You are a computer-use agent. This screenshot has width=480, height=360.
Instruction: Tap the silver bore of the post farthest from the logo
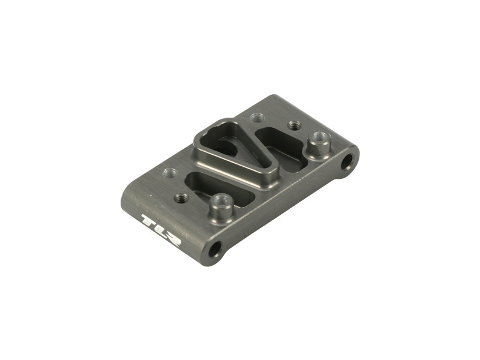point(320,136)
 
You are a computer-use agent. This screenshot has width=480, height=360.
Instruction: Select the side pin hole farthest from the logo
point(347,161)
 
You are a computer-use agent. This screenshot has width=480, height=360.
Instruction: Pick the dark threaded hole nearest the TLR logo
point(181,198)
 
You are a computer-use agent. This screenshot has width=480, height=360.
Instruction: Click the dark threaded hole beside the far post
point(295,125)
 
